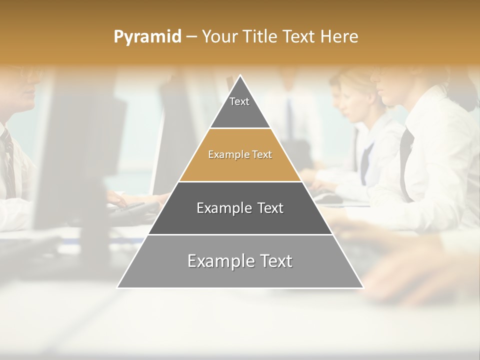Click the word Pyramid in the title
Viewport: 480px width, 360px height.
[x=147, y=36]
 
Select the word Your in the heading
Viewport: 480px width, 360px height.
[x=219, y=36]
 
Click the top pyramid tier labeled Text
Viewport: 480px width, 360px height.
[x=239, y=107]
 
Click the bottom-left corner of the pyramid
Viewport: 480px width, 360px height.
[x=118, y=287]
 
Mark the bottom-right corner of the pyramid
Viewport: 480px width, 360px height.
[x=362, y=287]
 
